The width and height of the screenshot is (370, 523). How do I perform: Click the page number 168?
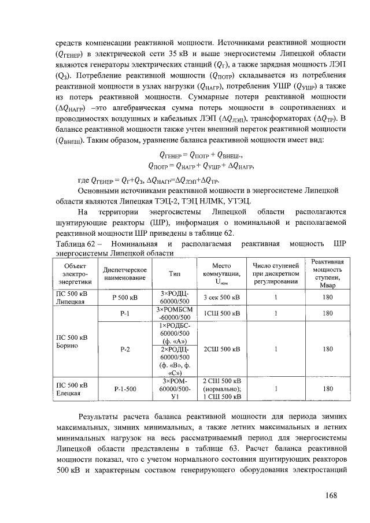(331, 495)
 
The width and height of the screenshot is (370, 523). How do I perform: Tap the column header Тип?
(174, 274)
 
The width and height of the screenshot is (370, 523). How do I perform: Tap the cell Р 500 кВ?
(124, 298)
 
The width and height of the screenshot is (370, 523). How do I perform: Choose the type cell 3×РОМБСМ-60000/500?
(174, 313)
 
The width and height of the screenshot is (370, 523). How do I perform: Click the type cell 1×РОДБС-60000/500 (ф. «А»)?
(174, 333)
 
